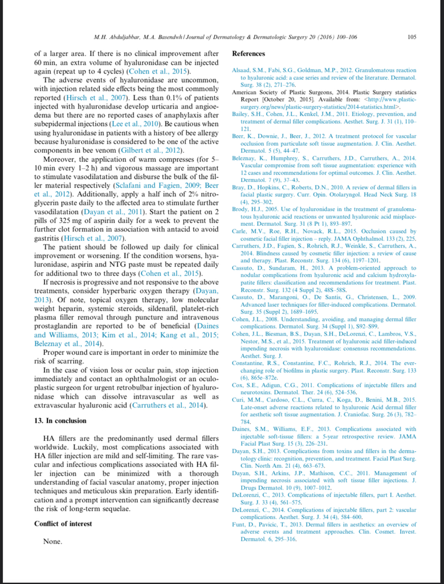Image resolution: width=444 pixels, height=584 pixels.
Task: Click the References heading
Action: tap(249, 54)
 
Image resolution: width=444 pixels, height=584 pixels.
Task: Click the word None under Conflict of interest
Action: tap(53, 541)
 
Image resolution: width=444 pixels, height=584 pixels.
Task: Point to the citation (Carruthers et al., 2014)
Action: tap(168, 405)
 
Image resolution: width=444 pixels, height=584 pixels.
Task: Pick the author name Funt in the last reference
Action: tap(239, 525)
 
